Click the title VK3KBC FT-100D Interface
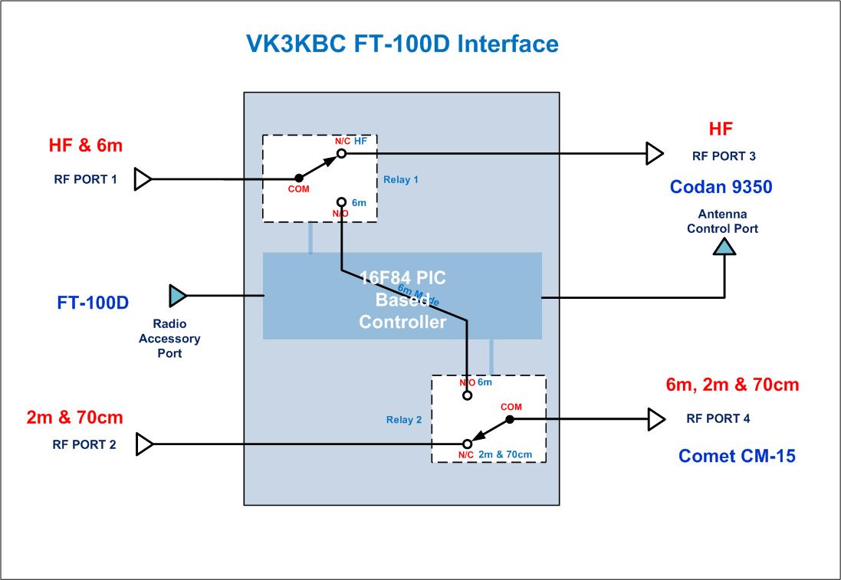[402, 44]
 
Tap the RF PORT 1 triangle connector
[143, 179]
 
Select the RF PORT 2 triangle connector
[143, 443]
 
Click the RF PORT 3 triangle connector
[654, 153]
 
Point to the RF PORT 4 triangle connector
[655, 419]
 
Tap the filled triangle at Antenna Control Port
[724, 245]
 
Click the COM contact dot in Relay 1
[299, 179]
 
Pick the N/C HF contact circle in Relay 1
[342, 153]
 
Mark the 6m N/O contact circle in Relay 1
[342, 202]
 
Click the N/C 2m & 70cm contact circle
[467, 444]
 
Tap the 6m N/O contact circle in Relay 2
[467, 396]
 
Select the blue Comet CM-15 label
[737, 456]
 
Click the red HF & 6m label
[86, 144]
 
